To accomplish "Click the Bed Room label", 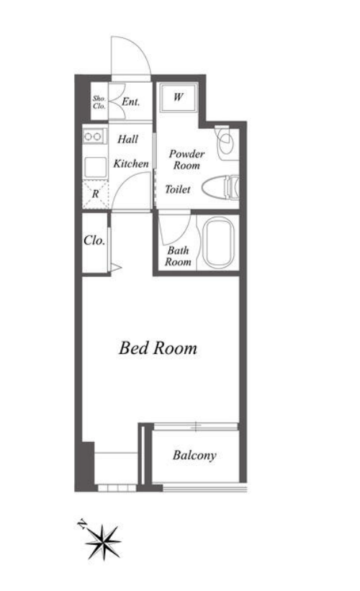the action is tap(158, 348).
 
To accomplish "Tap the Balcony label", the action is tap(194, 456).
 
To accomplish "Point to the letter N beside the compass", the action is tap(81, 523).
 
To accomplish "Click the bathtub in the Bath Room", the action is tap(219, 243).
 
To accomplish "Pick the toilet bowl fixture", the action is tap(220, 187).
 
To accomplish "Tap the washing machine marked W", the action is tap(179, 98).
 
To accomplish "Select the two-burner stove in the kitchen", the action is tap(94, 136).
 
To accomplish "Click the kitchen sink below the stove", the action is tap(95, 167).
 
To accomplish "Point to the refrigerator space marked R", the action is tap(95, 194).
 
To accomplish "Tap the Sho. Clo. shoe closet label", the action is tap(99, 102).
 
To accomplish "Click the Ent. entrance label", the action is tap(130, 101).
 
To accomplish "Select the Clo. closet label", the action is tap(94, 240).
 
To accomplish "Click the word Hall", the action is tap(127, 139).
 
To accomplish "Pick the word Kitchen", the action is tap(131, 163).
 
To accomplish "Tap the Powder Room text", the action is tap(186, 159).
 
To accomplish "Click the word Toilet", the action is tap(178, 189).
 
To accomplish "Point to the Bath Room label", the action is tap(178, 256).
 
